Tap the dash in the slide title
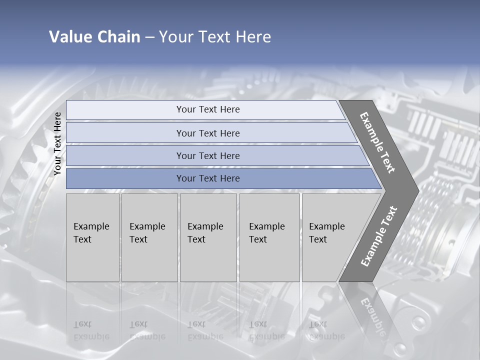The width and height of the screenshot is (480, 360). coord(149,37)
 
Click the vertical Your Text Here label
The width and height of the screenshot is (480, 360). coord(57,144)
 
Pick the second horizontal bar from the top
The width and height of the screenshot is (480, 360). coord(207,133)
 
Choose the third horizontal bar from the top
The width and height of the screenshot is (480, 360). coord(207,155)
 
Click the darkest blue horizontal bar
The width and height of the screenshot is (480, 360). coord(207,178)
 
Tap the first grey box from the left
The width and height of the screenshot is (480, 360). coord(92,237)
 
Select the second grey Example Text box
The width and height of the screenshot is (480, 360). coord(149,237)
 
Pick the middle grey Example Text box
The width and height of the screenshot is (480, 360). coord(208,237)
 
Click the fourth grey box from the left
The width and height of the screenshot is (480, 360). coord(269,237)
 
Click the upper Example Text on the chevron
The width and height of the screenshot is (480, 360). coord(377,142)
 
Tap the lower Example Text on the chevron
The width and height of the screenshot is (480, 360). coord(378,236)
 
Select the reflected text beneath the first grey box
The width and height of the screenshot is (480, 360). coord(91,330)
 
